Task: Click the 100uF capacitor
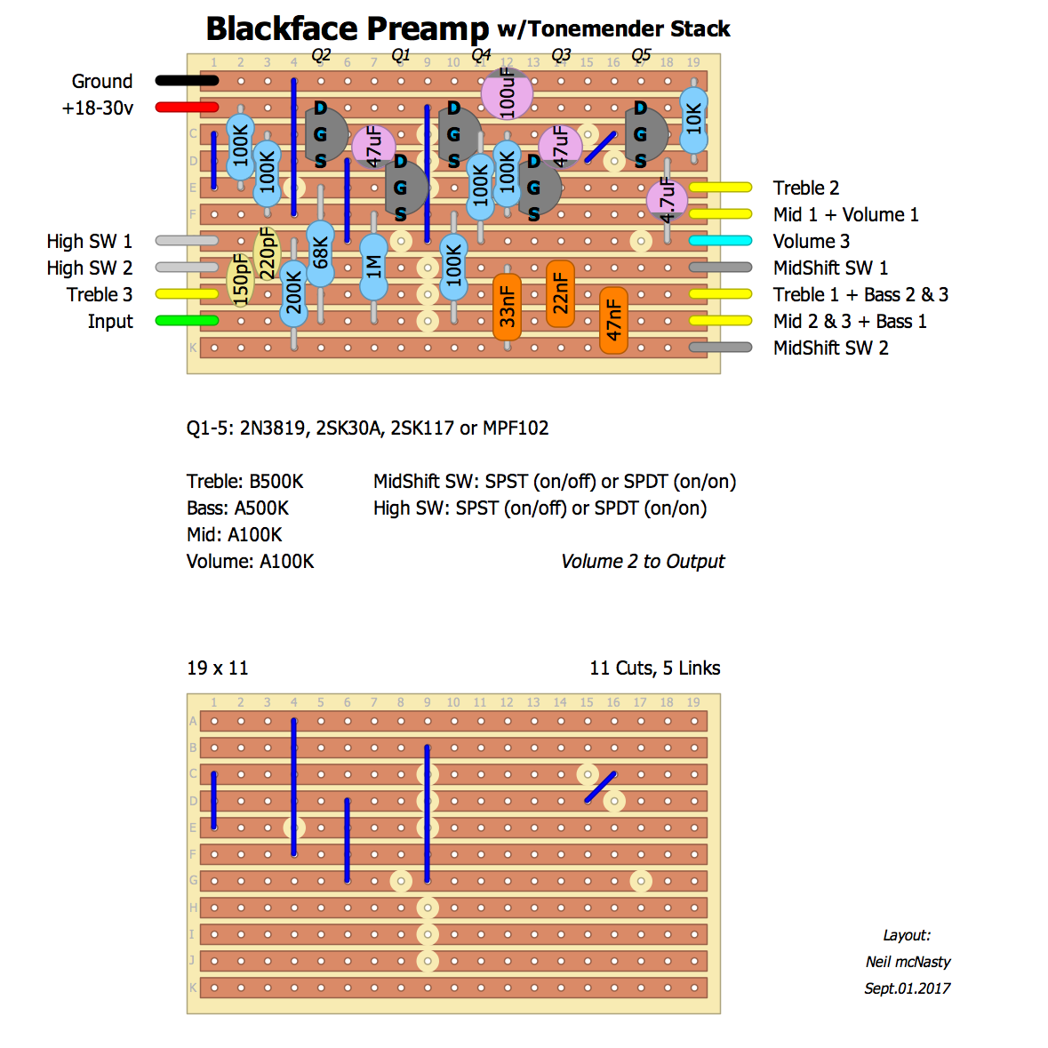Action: (507, 92)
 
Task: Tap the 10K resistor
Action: (693, 119)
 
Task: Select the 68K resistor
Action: (320, 254)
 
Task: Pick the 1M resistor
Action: (373, 266)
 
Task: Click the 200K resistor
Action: (293, 293)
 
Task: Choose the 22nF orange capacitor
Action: (560, 294)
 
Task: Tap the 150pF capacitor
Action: (240, 279)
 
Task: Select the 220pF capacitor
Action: (267, 253)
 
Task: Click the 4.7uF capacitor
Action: (667, 200)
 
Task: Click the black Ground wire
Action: (187, 81)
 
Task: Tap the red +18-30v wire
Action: (187, 108)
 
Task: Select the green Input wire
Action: (187, 321)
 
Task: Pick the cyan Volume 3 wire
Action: (720, 241)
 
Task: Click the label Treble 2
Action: (805, 188)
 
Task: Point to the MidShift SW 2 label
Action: (830, 348)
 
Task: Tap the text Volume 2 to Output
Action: (643, 561)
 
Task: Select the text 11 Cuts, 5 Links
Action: (654, 668)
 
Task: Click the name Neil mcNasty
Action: (908, 961)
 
